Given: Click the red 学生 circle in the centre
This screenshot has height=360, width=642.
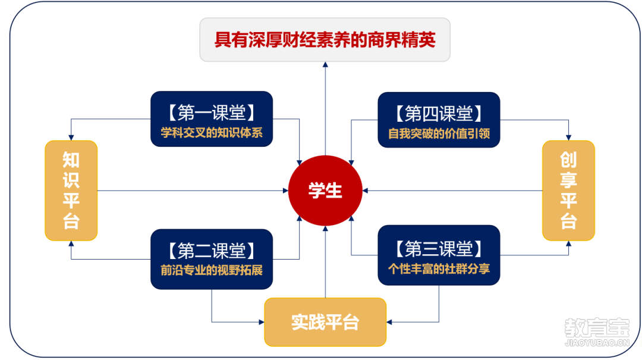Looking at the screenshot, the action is click(325, 191).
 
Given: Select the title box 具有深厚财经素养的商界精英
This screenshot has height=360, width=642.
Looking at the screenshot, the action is click(325, 40).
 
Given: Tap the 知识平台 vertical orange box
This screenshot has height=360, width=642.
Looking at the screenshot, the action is click(71, 191).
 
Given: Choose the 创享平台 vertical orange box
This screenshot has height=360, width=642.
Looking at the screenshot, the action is click(568, 191).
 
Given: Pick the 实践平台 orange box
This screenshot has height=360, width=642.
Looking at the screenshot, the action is click(325, 322).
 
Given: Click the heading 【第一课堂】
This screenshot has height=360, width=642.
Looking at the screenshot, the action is click(212, 112).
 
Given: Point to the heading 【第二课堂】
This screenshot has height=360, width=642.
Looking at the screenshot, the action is click(212, 250).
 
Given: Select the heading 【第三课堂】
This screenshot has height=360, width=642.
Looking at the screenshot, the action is click(439, 249).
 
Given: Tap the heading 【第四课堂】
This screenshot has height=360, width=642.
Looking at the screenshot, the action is click(439, 113).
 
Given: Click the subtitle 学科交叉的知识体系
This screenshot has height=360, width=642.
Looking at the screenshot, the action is click(212, 132).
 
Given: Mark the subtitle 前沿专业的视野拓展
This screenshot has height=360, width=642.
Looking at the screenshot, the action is click(212, 270).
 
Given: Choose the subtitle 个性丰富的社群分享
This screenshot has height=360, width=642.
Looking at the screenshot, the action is click(439, 269).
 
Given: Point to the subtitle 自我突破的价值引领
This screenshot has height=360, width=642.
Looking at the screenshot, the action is click(439, 133).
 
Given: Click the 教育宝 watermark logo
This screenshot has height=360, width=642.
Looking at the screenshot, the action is click(597, 327).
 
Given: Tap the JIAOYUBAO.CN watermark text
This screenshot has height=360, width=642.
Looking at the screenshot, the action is click(597, 343).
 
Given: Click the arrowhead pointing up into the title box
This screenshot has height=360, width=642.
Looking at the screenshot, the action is click(325, 65).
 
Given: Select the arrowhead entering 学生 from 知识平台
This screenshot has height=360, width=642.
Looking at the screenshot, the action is click(286, 191).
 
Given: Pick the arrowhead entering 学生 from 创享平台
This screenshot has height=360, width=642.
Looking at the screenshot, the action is click(365, 191).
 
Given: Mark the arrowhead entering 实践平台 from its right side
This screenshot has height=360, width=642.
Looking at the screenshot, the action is click(389, 323).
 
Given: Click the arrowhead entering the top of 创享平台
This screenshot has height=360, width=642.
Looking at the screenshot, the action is click(568, 137).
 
